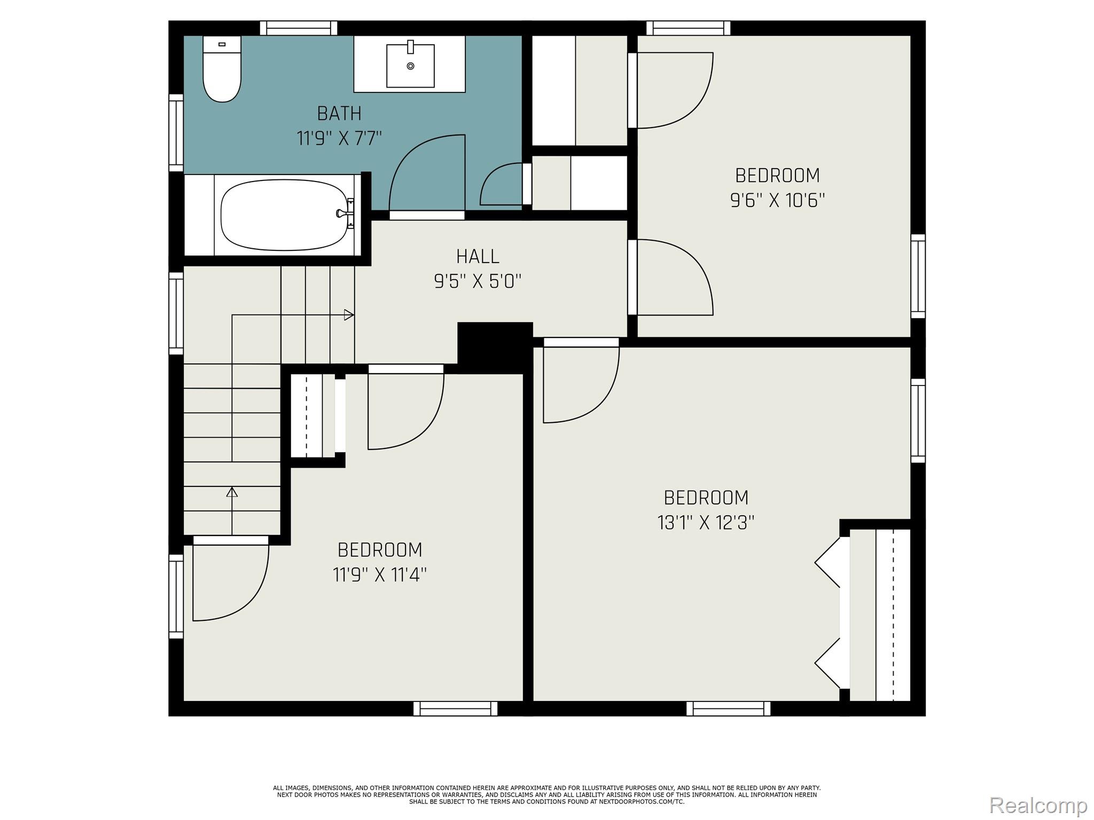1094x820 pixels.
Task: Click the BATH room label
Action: [339, 113]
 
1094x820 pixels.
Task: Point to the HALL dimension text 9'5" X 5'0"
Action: [478, 281]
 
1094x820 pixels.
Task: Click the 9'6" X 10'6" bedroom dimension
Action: [777, 200]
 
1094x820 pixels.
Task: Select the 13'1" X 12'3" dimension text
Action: [706, 522]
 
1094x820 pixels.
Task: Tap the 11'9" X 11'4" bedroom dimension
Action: [380, 574]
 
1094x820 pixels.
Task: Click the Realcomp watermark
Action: [1038, 805]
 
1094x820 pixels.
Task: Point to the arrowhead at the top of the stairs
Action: [349, 315]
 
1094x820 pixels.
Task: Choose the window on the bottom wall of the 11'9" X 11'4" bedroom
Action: [455, 708]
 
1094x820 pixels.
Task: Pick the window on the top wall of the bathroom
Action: [299, 28]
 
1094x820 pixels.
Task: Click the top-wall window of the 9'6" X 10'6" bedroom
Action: [688, 28]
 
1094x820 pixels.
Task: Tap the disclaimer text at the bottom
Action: [546, 794]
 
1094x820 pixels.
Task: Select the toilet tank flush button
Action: [222, 44]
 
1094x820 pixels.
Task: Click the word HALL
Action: [478, 256]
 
